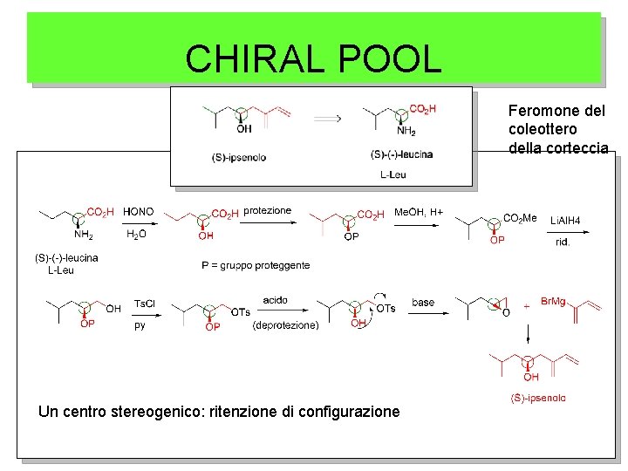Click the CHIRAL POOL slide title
click(313, 58)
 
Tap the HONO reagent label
click(139, 212)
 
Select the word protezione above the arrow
click(268, 211)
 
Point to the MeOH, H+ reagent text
click(420, 212)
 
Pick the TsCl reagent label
click(145, 303)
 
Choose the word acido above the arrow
click(275, 300)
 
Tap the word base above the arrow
click(423, 303)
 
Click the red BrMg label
click(553, 301)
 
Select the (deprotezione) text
click(285, 326)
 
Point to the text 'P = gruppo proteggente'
click(256, 265)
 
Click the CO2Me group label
click(521, 219)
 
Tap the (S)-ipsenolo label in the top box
click(238, 157)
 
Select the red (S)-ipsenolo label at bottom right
click(536, 399)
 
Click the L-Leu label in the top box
click(393, 174)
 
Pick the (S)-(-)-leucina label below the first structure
click(66, 257)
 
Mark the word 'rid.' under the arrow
click(563, 242)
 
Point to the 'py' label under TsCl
click(140, 325)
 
